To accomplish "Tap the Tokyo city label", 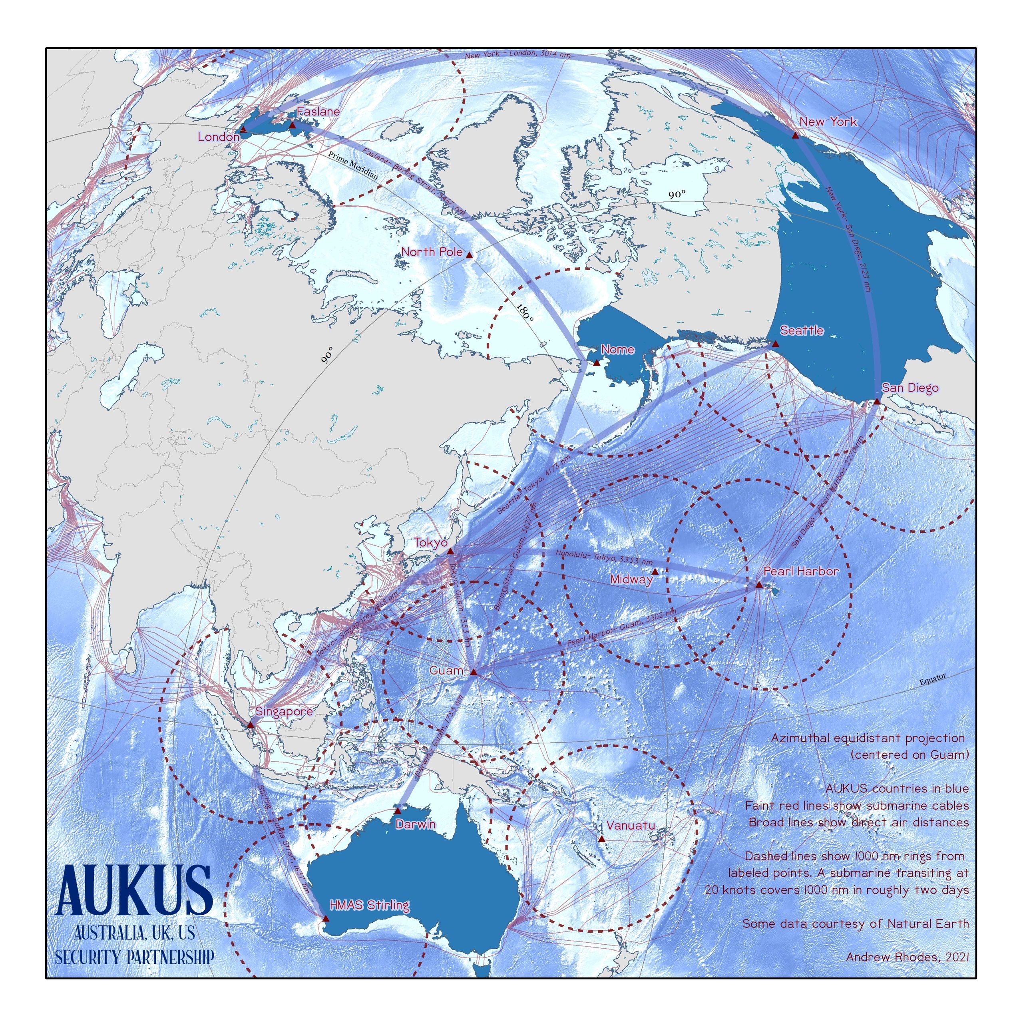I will coord(430,543).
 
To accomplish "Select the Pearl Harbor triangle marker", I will coord(759,585).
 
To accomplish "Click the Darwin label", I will coord(415,824).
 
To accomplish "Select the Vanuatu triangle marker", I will coord(601,839).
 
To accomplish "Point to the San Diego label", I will coord(909,388).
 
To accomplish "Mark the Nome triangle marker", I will coord(597,363).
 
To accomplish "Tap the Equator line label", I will coord(932,679).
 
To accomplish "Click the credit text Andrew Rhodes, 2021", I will coord(908,957).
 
